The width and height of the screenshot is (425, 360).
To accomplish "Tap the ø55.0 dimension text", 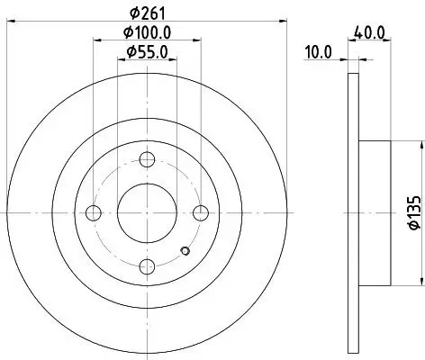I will (147, 52).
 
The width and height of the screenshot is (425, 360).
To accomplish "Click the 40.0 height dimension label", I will (372, 32).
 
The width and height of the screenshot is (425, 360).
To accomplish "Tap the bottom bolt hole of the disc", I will (147, 265).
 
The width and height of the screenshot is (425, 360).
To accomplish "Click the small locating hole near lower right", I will (185, 251).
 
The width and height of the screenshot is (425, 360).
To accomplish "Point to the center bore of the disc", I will (147, 212).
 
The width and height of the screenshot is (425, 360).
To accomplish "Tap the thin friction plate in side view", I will (352, 212).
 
